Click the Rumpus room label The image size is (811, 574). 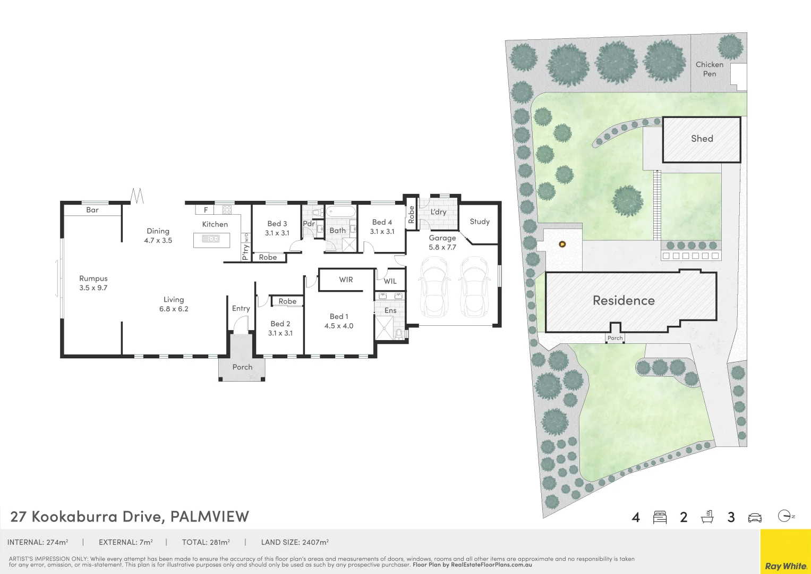point(93,278)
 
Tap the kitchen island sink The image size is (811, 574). point(211,239)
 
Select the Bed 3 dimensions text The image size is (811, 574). point(277,233)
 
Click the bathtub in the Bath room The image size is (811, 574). point(340,212)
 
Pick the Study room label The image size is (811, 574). point(480,222)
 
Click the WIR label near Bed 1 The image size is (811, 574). point(346,280)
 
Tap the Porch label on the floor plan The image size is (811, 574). point(242,367)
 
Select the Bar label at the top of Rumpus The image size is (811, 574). point(92,210)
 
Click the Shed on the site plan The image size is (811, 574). point(702,139)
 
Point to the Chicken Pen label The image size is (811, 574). point(710,69)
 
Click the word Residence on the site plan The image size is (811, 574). point(624,301)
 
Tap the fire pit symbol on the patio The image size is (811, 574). point(562,244)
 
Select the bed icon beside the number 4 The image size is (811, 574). point(660,517)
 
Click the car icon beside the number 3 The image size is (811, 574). point(755,518)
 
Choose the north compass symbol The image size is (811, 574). point(785,516)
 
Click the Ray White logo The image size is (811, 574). point(786,566)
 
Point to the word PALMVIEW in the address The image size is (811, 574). point(209,517)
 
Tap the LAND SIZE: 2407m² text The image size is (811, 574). point(295,543)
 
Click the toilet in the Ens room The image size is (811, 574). point(399,334)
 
